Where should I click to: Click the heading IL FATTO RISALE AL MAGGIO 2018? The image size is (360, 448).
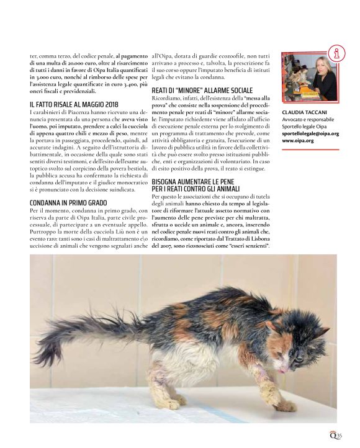73,104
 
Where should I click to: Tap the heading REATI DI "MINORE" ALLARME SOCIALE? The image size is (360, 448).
202,91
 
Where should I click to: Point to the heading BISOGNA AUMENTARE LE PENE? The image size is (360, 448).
197,182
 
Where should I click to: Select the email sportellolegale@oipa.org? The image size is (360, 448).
310,133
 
